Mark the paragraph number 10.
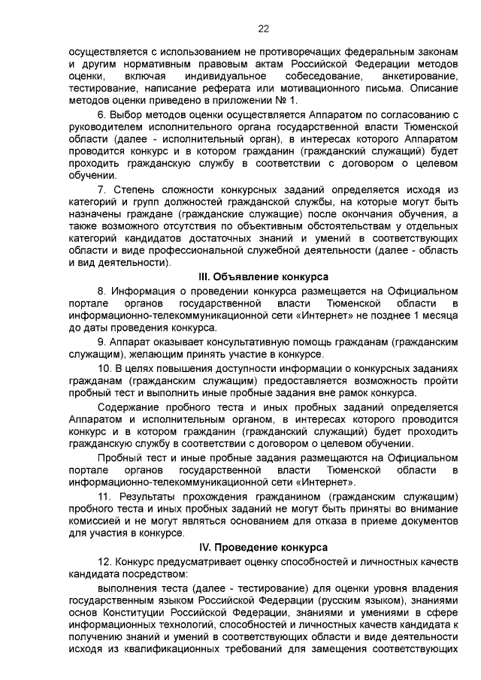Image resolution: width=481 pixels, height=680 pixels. [x=105, y=367]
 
